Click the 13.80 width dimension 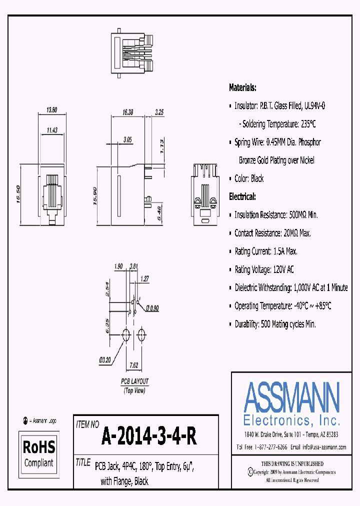51,110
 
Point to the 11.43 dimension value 52,130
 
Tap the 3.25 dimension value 160,113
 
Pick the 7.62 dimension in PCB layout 134,365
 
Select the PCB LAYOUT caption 134,381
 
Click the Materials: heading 242,87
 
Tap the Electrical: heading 242,196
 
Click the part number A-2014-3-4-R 149,437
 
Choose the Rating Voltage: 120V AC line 264,269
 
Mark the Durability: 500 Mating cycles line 275,324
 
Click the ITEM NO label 87,424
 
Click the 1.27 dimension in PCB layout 145,279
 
